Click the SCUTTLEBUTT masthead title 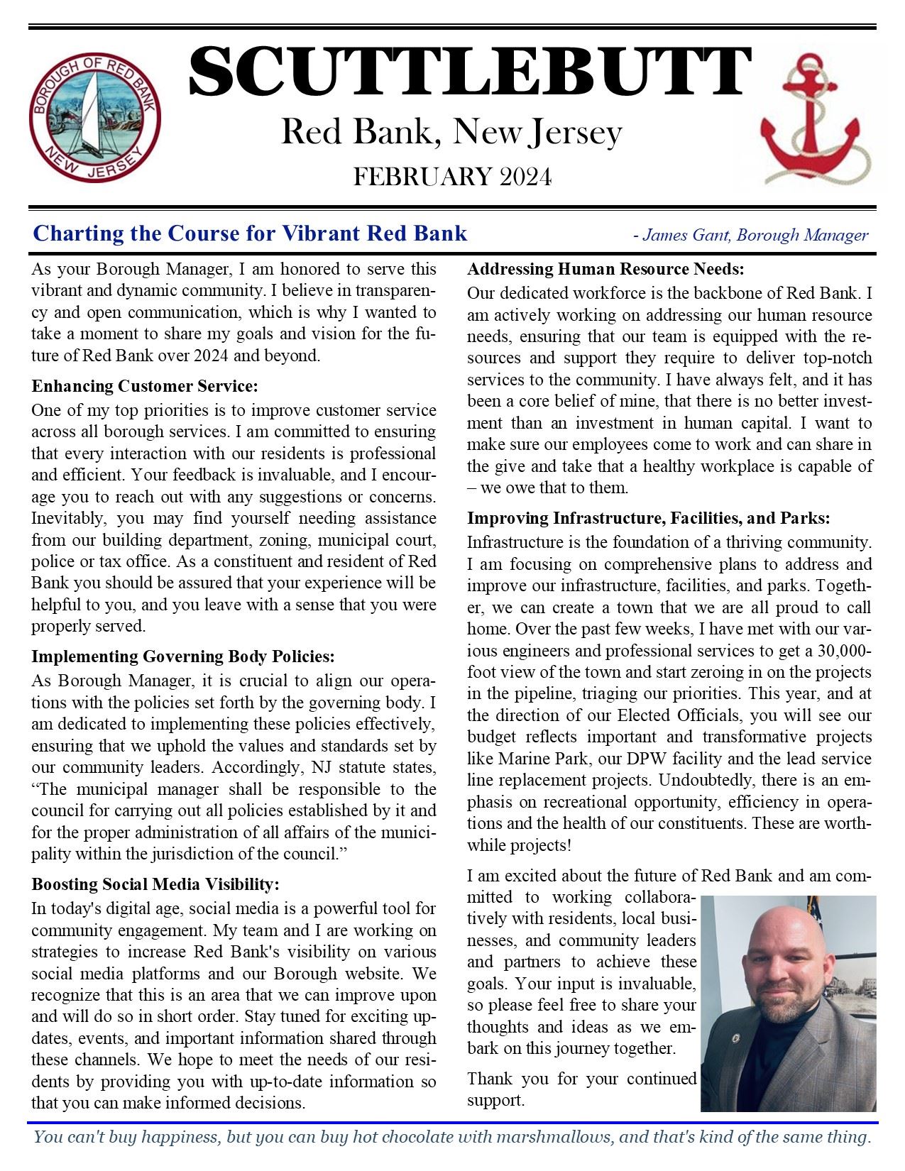[469, 71]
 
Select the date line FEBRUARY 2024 [452, 177]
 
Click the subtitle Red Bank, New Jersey [451, 133]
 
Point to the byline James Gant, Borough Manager [755, 235]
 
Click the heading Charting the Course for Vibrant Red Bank [250, 233]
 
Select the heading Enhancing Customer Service [144, 386]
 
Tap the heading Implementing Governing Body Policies [182, 656]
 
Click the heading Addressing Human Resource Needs [605, 269]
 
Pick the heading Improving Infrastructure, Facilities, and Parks [648, 518]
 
